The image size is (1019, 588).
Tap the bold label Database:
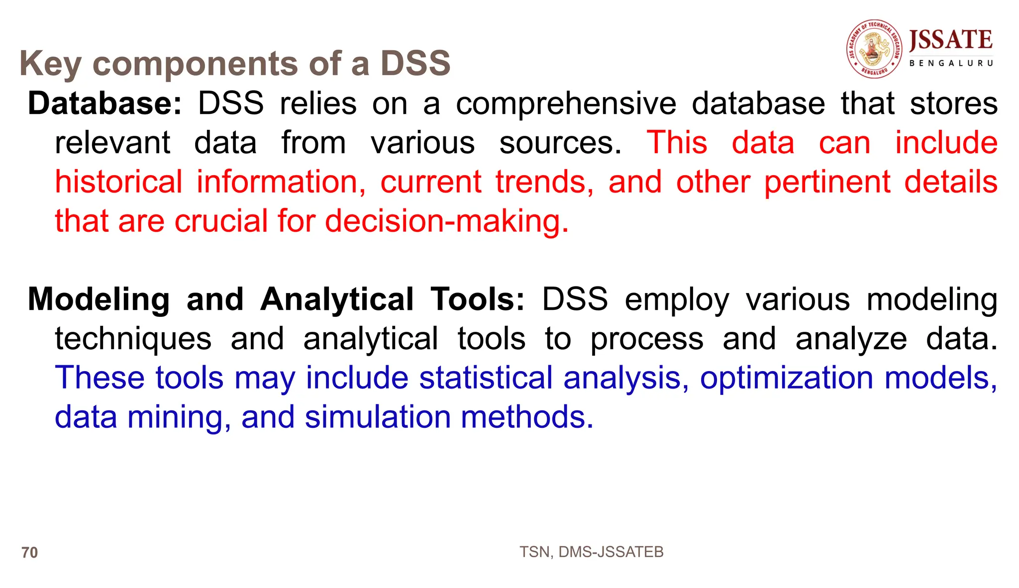click(105, 103)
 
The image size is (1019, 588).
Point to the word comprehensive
click(566, 103)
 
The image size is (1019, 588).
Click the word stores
click(953, 103)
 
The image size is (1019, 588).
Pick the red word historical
click(118, 182)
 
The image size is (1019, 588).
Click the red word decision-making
click(446, 221)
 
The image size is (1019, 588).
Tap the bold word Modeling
click(99, 299)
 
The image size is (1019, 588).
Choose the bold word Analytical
click(337, 299)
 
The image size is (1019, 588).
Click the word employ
click(677, 299)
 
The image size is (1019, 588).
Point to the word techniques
click(133, 339)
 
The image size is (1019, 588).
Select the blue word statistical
click(486, 378)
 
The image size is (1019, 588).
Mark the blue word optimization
click(786, 378)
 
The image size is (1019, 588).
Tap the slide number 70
click(30, 553)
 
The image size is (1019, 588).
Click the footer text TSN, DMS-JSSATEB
click(591, 552)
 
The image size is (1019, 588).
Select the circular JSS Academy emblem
click(874, 49)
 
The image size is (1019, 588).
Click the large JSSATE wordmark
click(950, 40)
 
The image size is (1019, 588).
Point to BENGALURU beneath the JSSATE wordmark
click(951, 63)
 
